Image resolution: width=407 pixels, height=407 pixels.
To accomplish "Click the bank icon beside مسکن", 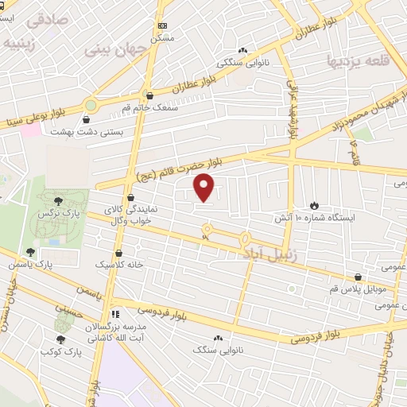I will click(162, 25).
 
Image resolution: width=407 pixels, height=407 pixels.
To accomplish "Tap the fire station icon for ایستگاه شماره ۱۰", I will click(315, 204).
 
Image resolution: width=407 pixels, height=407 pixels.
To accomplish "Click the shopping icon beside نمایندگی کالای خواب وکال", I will click(130, 196).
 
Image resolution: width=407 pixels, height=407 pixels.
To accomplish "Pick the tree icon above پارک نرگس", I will click(59, 201).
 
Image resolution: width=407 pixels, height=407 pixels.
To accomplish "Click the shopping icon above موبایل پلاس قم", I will click(359, 277).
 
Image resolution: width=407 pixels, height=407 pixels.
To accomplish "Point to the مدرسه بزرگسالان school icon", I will click(115, 315).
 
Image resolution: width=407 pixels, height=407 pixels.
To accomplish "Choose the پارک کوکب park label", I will click(62, 351).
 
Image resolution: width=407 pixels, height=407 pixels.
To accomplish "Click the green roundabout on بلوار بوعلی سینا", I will click(90, 104).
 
